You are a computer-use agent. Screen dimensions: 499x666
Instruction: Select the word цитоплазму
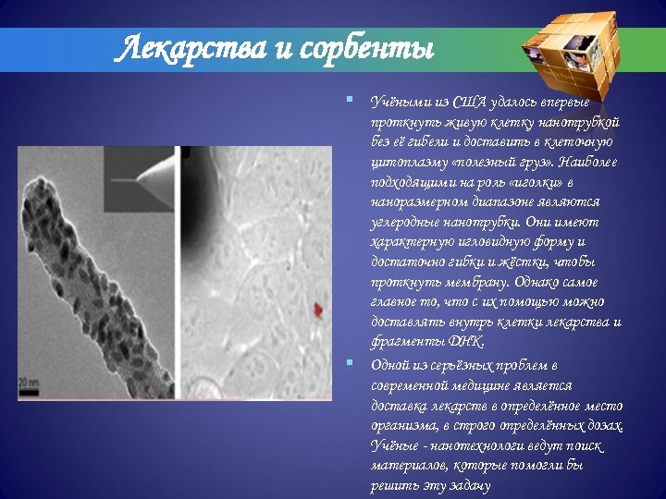point(403,162)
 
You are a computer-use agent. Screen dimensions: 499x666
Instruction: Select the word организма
point(402,424)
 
